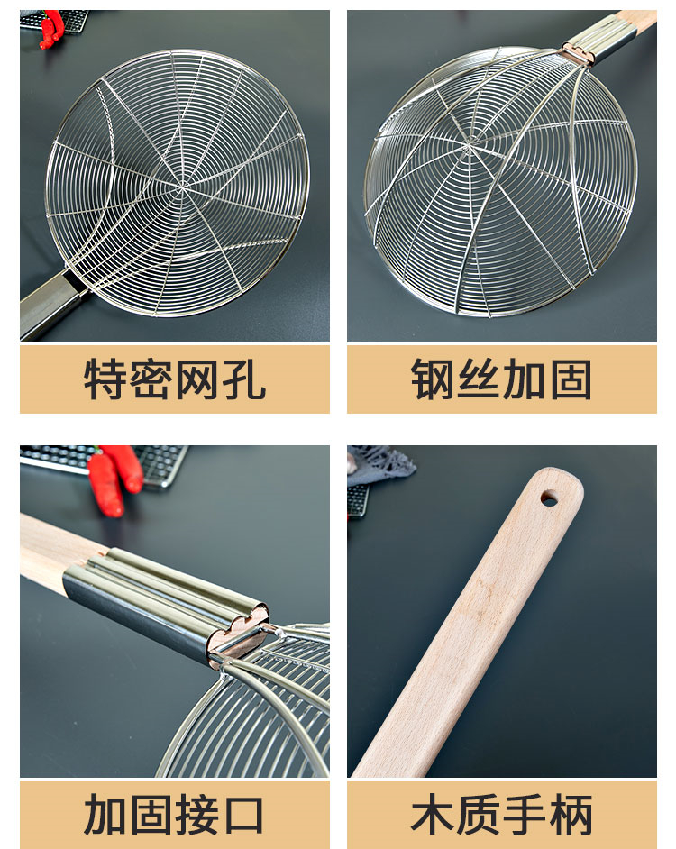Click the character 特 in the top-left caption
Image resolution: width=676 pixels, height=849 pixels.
106,379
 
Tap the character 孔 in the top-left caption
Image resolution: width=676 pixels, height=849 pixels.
243,379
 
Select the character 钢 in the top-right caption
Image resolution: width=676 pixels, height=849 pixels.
433,379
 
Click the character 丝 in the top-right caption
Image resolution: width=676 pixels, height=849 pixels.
479,379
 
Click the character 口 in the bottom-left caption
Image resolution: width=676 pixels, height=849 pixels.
243,815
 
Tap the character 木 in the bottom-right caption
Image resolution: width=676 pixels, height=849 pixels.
433,815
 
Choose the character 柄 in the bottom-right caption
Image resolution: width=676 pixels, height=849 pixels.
571,815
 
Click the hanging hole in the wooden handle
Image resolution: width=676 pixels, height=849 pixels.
549,498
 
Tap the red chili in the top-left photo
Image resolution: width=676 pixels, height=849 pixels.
52,29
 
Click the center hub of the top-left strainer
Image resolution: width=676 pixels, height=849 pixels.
183,187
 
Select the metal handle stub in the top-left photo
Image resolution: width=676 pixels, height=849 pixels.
53,305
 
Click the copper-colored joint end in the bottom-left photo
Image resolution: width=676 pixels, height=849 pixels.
238,634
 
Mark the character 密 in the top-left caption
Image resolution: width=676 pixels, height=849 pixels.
151,379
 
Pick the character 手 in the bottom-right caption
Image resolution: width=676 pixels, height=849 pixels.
525,815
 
